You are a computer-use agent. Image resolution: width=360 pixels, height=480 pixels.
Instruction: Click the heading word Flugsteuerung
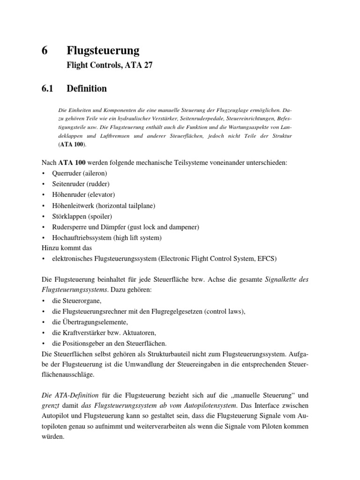click(103, 51)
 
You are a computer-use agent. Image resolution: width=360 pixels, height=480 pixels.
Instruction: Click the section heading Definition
click(87, 89)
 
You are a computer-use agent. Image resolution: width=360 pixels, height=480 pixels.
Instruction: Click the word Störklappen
click(68, 216)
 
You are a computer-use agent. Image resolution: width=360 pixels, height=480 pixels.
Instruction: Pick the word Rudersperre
click(69, 227)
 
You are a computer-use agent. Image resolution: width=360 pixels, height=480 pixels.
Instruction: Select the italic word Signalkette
click(282, 280)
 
